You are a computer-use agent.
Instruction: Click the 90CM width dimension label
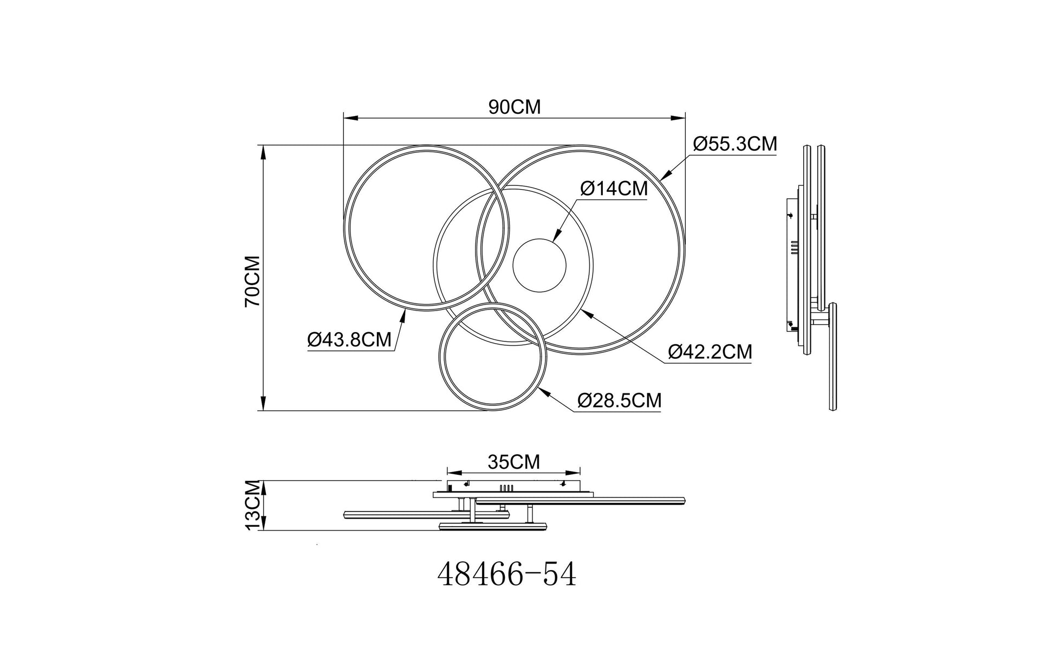[515, 107]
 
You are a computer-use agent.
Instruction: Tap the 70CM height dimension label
[253, 281]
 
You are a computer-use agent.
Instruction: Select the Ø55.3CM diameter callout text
[735, 144]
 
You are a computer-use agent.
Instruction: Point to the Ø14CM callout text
[614, 189]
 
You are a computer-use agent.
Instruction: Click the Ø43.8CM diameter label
[349, 340]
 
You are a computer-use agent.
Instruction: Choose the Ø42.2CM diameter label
[710, 352]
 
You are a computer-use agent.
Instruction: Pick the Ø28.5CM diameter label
[619, 400]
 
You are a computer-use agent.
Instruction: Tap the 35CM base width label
[514, 462]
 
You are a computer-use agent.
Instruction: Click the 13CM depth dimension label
[253, 506]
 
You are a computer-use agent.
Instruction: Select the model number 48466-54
[507, 575]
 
